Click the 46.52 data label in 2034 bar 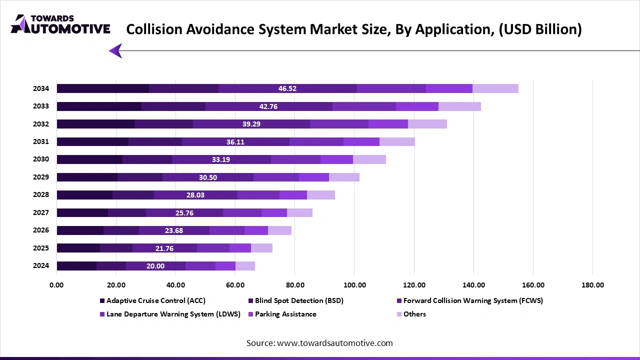click(x=287, y=88)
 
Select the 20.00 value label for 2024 click(x=155, y=266)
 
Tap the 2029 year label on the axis click(x=41, y=177)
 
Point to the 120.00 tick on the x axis click(x=414, y=285)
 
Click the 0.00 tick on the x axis click(x=56, y=285)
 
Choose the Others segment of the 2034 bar click(x=495, y=88)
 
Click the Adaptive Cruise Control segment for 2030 click(x=89, y=159)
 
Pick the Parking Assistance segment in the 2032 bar click(x=388, y=124)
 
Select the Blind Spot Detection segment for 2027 click(x=126, y=212)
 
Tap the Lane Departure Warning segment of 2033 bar click(x=364, y=106)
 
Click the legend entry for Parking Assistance click(x=285, y=314)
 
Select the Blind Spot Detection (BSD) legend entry click(x=299, y=300)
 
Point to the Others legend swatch click(x=399, y=314)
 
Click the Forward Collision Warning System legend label click(x=473, y=300)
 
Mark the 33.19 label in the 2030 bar click(x=221, y=159)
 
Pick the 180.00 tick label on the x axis click(x=592, y=285)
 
